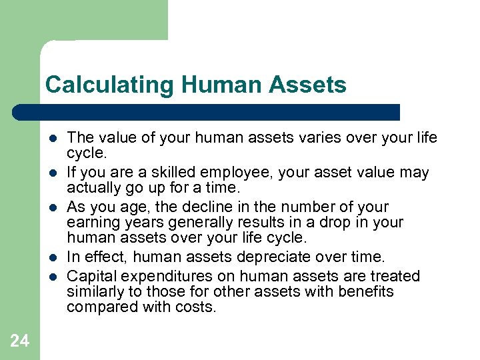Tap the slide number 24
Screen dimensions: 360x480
click(x=20, y=341)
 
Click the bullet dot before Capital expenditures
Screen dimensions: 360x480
click(x=52, y=277)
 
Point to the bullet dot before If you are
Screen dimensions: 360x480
click(x=52, y=173)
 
